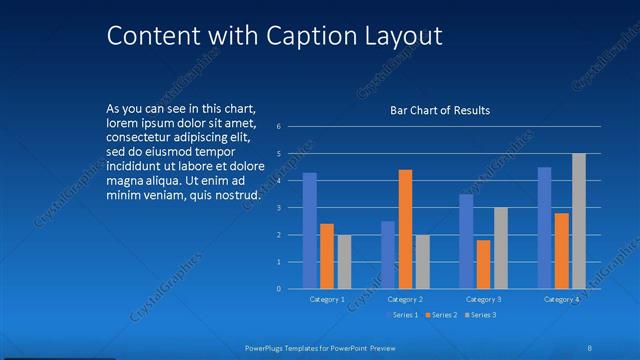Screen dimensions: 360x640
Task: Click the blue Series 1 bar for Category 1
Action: pyautogui.click(x=310, y=231)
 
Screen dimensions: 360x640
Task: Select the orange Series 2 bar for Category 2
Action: pyautogui.click(x=405, y=229)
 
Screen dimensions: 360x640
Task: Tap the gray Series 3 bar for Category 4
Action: pyautogui.click(x=579, y=221)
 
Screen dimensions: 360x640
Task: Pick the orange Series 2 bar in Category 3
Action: pyautogui.click(x=484, y=264)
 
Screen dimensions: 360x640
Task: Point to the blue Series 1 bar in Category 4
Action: pyautogui.click(x=545, y=228)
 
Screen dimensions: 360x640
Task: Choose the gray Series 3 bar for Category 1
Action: pyautogui.click(x=344, y=262)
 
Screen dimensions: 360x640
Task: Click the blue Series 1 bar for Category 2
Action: pyautogui.click(x=388, y=255)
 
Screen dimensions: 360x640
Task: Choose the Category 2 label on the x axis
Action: pyautogui.click(x=405, y=299)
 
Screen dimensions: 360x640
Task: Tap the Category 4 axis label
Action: pyautogui.click(x=562, y=299)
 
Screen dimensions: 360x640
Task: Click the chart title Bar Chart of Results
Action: pyautogui.click(x=440, y=110)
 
